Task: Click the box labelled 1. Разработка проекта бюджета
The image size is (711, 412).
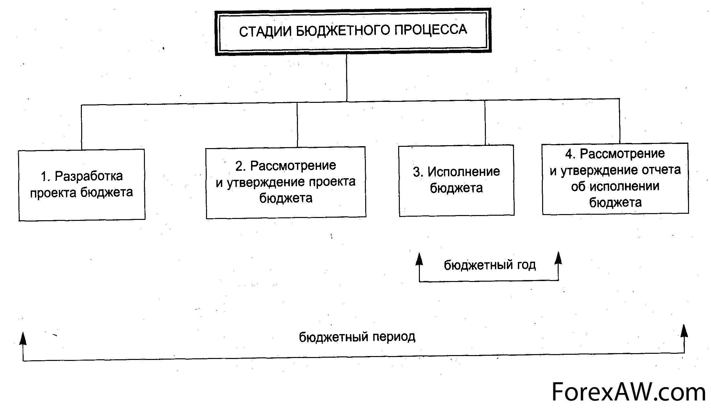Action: pos(82,185)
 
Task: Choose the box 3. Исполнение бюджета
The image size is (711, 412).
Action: pos(456,180)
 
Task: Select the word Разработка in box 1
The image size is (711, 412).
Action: pos(89,176)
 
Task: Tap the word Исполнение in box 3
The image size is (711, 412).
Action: pos(464,172)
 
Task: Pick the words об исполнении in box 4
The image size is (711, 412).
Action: pos(615,187)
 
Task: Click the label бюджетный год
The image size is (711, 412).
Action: pos(489,265)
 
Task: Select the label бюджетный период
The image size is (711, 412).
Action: pos(357,337)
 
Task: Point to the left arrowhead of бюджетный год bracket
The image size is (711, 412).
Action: pos(419,259)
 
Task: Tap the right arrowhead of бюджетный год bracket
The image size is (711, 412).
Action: pos(558,258)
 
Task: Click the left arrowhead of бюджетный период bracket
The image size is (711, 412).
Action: pos(23,338)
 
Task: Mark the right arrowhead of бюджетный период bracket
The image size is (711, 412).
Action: pos(684,331)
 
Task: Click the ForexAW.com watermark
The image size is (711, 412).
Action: pos(628,392)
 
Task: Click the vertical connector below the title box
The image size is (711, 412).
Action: pos(347,78)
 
